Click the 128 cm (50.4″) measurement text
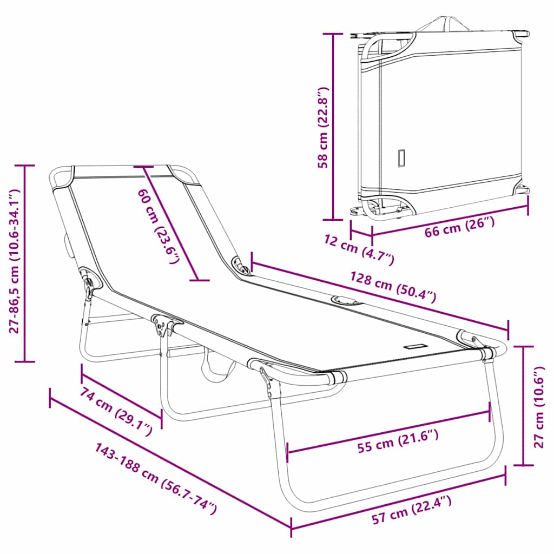[x=393, y=287]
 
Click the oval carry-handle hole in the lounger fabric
[x=346, y=300]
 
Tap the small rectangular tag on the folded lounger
[x=401, y=159]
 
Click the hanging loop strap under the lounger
[x=216, y=367]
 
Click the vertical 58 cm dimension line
[x=333, y=127]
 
